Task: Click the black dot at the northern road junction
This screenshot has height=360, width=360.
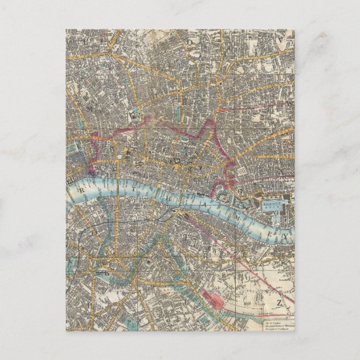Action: tap(175, 88)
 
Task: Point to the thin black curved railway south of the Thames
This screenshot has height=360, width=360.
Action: tap(102, 224)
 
